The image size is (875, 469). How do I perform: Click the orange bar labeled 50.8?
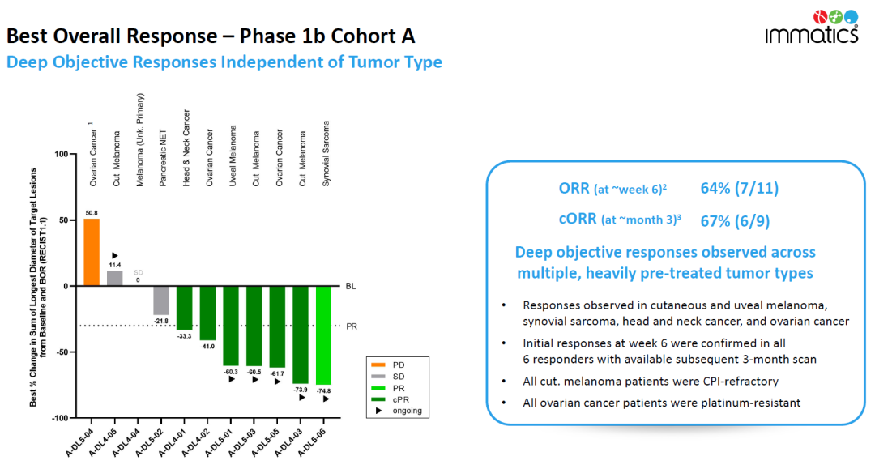pos(92,252)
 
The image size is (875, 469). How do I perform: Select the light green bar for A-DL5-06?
pos(323,335)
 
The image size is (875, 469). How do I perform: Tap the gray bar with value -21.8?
pos(161,301)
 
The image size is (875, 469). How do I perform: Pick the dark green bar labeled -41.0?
pos(207,313)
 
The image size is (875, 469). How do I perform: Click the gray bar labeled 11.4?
pos(115,279)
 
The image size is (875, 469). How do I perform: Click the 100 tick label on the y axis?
pos(62,154)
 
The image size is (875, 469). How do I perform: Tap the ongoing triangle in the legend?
pos(379,411)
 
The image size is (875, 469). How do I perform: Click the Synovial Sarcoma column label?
pos(326,153)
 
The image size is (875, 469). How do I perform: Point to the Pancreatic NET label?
pos(163,159)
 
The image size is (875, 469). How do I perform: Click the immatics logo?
pos(811,27)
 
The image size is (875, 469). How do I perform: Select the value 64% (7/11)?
pos(740,189)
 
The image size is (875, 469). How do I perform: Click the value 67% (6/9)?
pos(735,221)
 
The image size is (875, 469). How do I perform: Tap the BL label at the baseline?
pos(351,286)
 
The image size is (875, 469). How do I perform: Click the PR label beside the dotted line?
pos(352,326)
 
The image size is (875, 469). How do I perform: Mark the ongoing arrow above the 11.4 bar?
pos(115,255)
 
